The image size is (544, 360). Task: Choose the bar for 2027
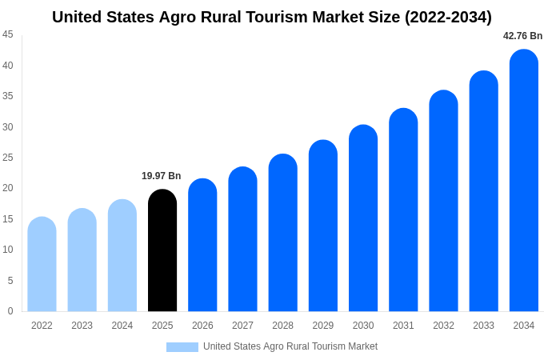click(x=242, y=239)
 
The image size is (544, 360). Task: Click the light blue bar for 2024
click(x=122, y=255)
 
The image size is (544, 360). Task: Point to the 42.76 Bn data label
click(x=522, y=36)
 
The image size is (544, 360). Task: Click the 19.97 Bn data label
click(x=162, y=176)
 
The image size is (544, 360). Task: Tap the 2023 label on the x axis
click(x=82, y=326)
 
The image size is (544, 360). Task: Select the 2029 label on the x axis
click(x=323, y=326)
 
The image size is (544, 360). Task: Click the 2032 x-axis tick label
click(x=443, y=326)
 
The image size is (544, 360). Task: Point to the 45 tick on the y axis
click(x=8, y=34)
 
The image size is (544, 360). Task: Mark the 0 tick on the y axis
click(x=10, y=311)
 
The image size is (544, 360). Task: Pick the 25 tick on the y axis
click(x=8, y=158)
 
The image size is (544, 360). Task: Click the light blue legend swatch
click(x=182, y=347)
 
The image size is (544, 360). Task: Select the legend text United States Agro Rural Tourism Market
click(x=290, y=346)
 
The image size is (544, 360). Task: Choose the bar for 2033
click(x=483, y=191)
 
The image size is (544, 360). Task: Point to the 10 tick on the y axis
click(x=8, y=250)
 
